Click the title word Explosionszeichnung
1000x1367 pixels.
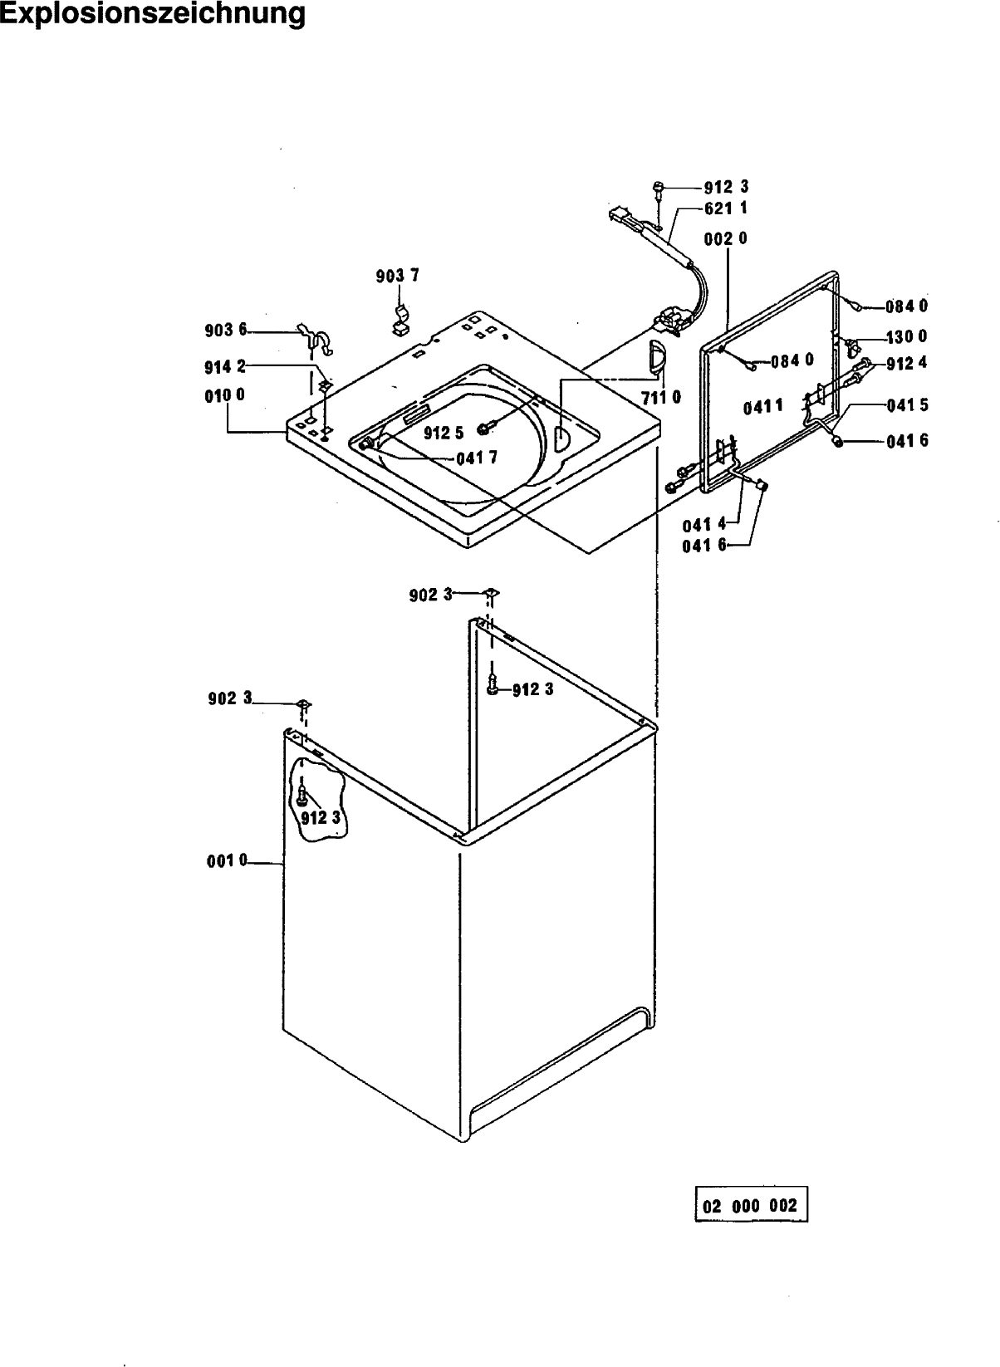pyautogui.click(x=153, y=14)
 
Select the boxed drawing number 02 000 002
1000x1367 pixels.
pyautogui.click(x=750, y=1205)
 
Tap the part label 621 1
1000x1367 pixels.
pyautogui.click(x=726, y=208)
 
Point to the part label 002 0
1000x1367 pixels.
pyautogui.click(x=725, y=238)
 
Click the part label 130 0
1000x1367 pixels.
pyautogui.click(x=907, y=336)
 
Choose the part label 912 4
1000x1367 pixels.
pyautogui.click(x=907, y=363)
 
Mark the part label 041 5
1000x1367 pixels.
pyautogui.click(x=907, y=405)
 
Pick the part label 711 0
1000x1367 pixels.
pyautogui.click(x=661, y=398)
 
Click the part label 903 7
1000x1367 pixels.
pyautogui.click(x=398, y=276)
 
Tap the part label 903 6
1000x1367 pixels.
pyautogui.click(x=226, y=331)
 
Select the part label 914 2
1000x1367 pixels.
pyautogui.click(x=224, y=367)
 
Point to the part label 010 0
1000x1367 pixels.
pyautogui.click(x=224, y=395)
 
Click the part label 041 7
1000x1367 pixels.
pyautogui.click(x=477, y=458)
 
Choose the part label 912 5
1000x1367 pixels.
pyautogui.click(x=444, y=433)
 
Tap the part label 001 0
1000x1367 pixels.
pyautogui.click(x=227, y=860)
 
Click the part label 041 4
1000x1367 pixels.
pyautogui.click(x=704, y=525)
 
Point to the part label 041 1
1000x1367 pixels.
pyautogui.click(x=763, y=406)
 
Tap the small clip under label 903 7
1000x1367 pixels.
pyautogui.click(x=400, y=323)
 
